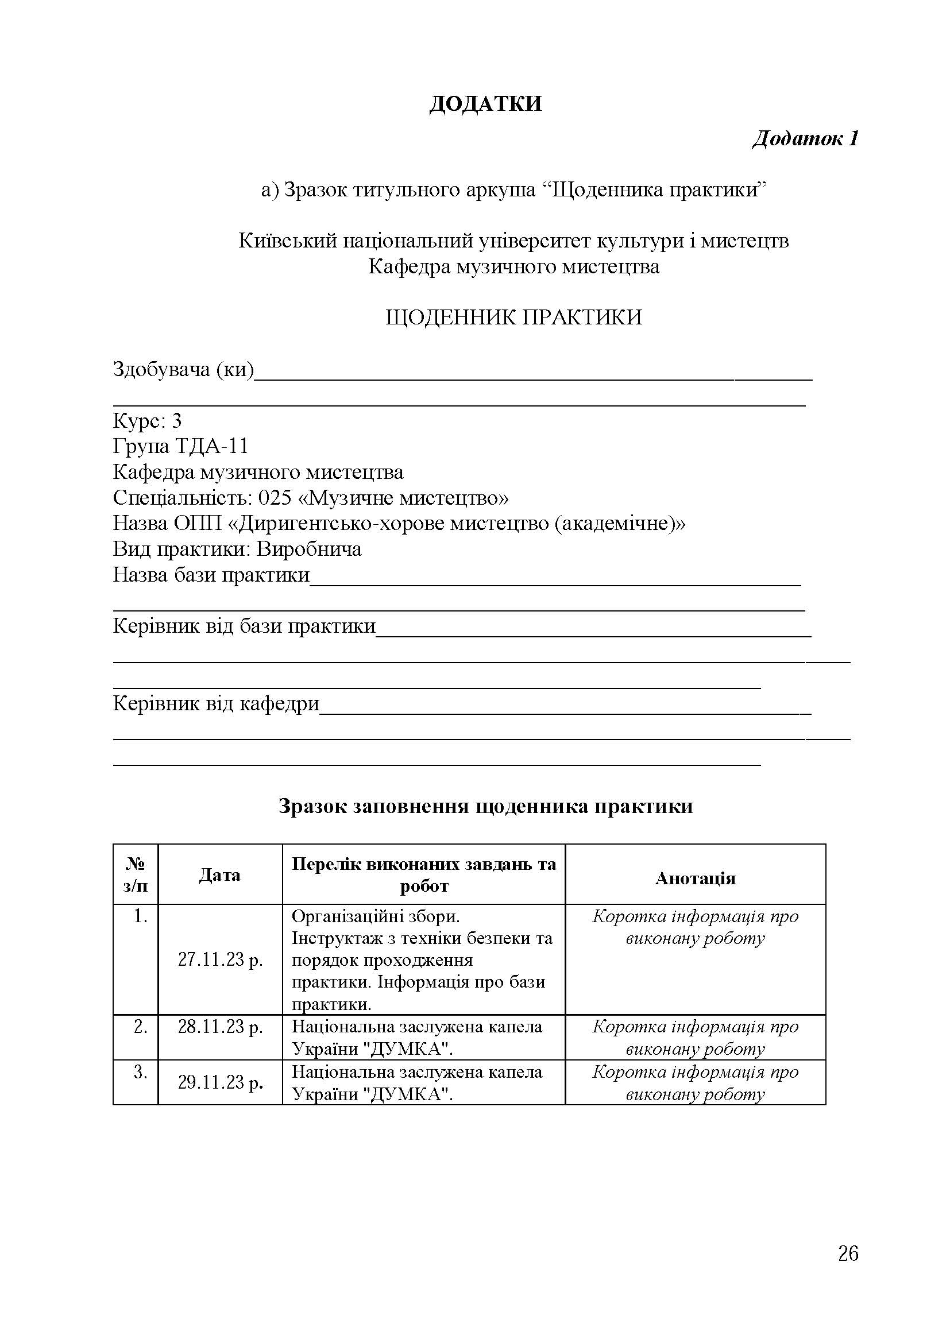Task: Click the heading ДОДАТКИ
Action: (x=485, y=103)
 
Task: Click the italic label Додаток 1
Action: (x=805, y=138)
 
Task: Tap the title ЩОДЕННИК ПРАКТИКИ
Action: (x=513, y=318)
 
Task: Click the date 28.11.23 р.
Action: (x=220, y=1027)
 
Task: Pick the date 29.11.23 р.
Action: (x=220, y=1082)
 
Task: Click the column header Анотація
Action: (x=695, y=878)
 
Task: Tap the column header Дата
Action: (x=219, y=875)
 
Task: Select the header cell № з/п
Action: (x=135, y=875)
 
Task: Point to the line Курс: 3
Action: (x=148, y=420)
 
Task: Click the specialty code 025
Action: (x=275, y=498)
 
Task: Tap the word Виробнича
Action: (x=309, y=549)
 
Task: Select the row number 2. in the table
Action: (x=140, y=1027)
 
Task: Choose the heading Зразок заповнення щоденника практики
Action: (x=485, y=806)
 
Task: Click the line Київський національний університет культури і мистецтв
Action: (x=513, y=241)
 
